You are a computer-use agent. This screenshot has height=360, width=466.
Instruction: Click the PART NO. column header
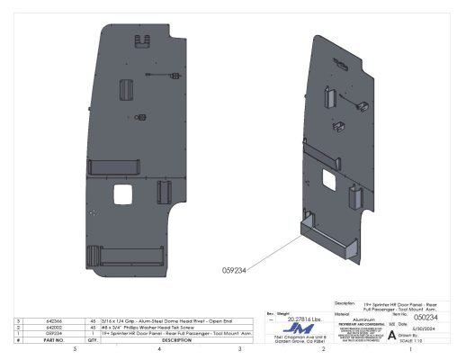[x=52, y=340]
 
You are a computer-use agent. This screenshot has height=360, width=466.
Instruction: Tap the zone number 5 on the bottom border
[x=74, y=348]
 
